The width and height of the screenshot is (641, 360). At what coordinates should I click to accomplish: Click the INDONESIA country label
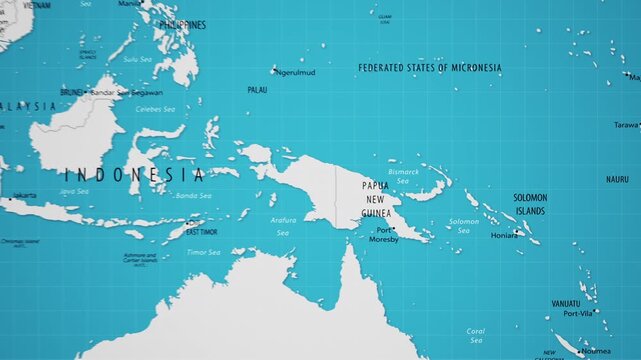133,174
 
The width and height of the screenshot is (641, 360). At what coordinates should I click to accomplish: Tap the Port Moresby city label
383,235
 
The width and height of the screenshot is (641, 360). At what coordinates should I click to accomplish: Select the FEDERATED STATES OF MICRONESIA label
430,68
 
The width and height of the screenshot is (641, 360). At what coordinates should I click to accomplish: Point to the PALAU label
257,90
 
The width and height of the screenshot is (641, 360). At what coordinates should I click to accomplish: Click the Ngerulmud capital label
295,72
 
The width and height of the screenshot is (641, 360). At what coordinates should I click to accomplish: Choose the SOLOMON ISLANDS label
530,205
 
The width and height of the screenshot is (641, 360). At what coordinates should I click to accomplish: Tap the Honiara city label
504,235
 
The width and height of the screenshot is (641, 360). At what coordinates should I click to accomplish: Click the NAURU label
617,179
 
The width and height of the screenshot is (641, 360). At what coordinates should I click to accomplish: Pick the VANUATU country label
566,303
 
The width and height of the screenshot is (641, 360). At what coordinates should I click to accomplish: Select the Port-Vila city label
578,313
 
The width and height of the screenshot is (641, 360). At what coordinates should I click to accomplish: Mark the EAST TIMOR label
202,232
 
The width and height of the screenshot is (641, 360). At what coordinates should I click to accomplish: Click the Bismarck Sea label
404,178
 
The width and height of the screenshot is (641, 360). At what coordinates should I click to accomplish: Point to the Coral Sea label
476,335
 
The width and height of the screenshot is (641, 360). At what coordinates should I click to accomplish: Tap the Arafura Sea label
283,226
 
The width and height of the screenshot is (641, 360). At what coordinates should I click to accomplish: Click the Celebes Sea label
155,109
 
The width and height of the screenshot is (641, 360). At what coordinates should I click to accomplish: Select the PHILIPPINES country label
182,25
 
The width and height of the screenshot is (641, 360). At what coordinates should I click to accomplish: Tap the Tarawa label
625,125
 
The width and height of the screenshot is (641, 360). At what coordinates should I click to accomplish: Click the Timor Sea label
203,252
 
